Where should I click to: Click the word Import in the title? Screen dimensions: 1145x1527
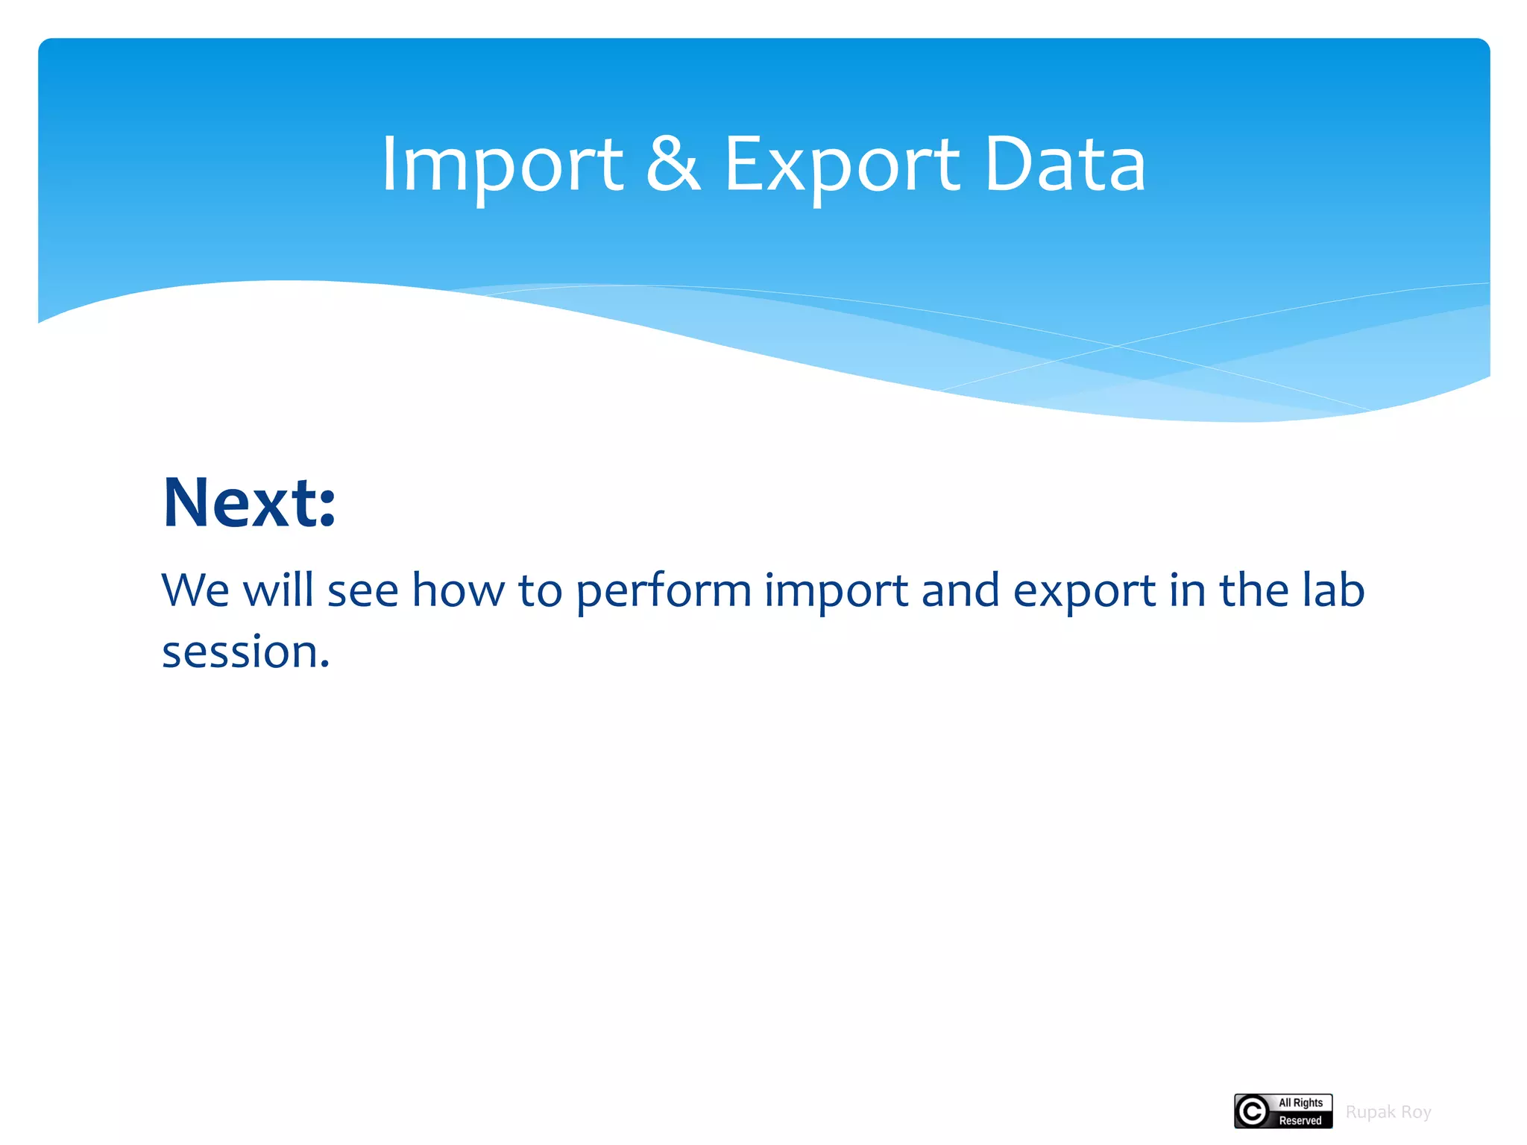tap(502, 165)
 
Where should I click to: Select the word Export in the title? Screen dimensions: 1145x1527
tap(842, 165)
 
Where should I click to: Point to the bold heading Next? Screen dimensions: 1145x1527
tap(249, 503)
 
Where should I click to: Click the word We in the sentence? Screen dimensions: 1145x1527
tap(195, 590)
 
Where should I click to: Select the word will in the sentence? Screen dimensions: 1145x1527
tap(278, 590)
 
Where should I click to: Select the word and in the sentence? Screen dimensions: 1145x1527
tap(960, 590)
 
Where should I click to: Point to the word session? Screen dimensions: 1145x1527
tap(245, 653)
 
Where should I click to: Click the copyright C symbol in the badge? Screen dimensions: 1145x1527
tap(1253, 1111)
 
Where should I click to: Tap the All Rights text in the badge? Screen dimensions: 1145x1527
tap(1300, 1103)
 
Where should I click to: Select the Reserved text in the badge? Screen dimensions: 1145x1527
tap(1300, 1120)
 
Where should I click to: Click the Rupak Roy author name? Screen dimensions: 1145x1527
tap(1388, 1112)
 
